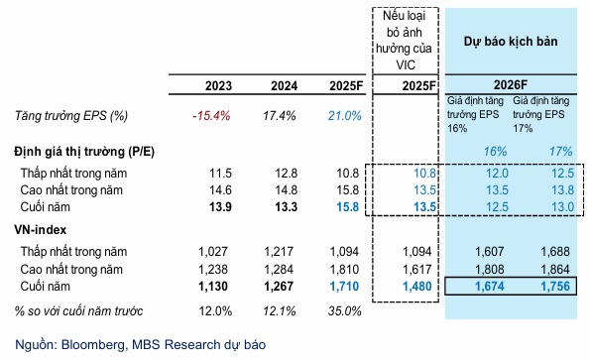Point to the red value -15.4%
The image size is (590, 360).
point(210,117)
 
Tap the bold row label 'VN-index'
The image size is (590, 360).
point(41,230)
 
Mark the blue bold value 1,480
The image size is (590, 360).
point(417,287)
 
